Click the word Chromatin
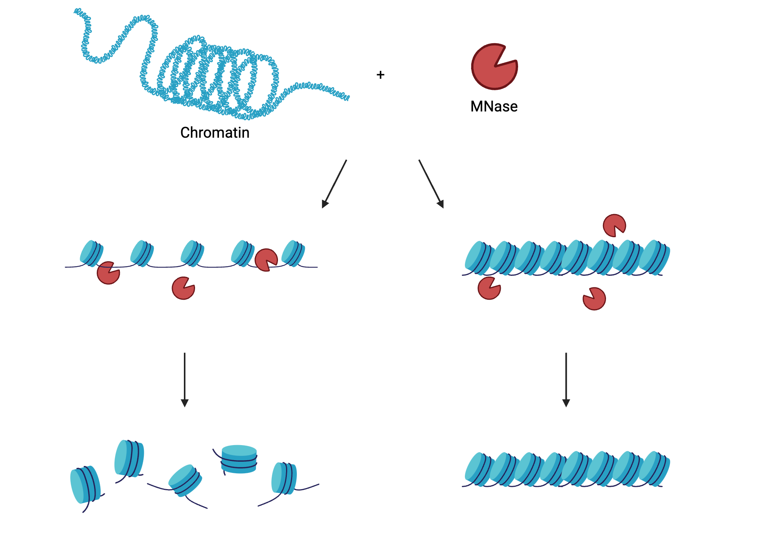215,133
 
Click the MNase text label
494,106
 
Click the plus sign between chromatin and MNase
380,75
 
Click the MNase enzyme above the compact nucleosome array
614,226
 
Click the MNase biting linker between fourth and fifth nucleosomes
266,260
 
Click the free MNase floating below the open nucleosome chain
183,288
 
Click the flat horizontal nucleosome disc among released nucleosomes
239,459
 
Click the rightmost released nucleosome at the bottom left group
284,478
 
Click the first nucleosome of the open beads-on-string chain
91,253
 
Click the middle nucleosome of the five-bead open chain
192,253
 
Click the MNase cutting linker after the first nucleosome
108,273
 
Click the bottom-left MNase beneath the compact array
489,288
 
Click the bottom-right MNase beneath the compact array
594,299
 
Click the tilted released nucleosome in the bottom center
185,480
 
